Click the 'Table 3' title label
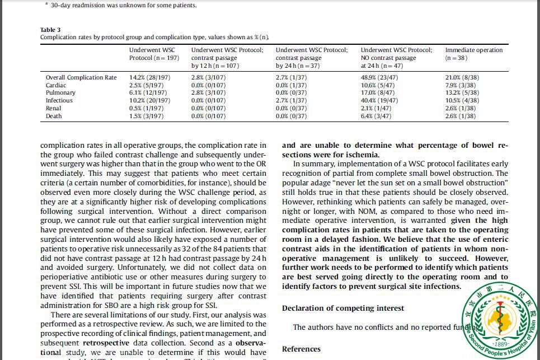pyautogui.click(x=50, y=30)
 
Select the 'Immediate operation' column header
pyautogui.click(x=473, y=50)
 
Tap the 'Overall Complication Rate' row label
pyautogui.click(x=81, y=77)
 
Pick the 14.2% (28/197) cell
pyautogui.click(x=149, y=77)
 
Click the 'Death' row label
pyautogui.click(x=54, y=116)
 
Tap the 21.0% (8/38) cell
pyautogui.click(x=462, y=77)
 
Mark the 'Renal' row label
pyautogui.click(x=54, y=109)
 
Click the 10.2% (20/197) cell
pyautogui.click(x=149, y=101)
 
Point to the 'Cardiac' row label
pyautogui.click(x=56, y=85)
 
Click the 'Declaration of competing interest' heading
pyautogui.click(x=342, y=308)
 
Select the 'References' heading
pyautogui.click(x=301, y=349)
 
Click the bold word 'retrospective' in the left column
pyautogui.click(x=107, y=342)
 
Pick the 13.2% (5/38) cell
pyautogui.click(x=462, y=93)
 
